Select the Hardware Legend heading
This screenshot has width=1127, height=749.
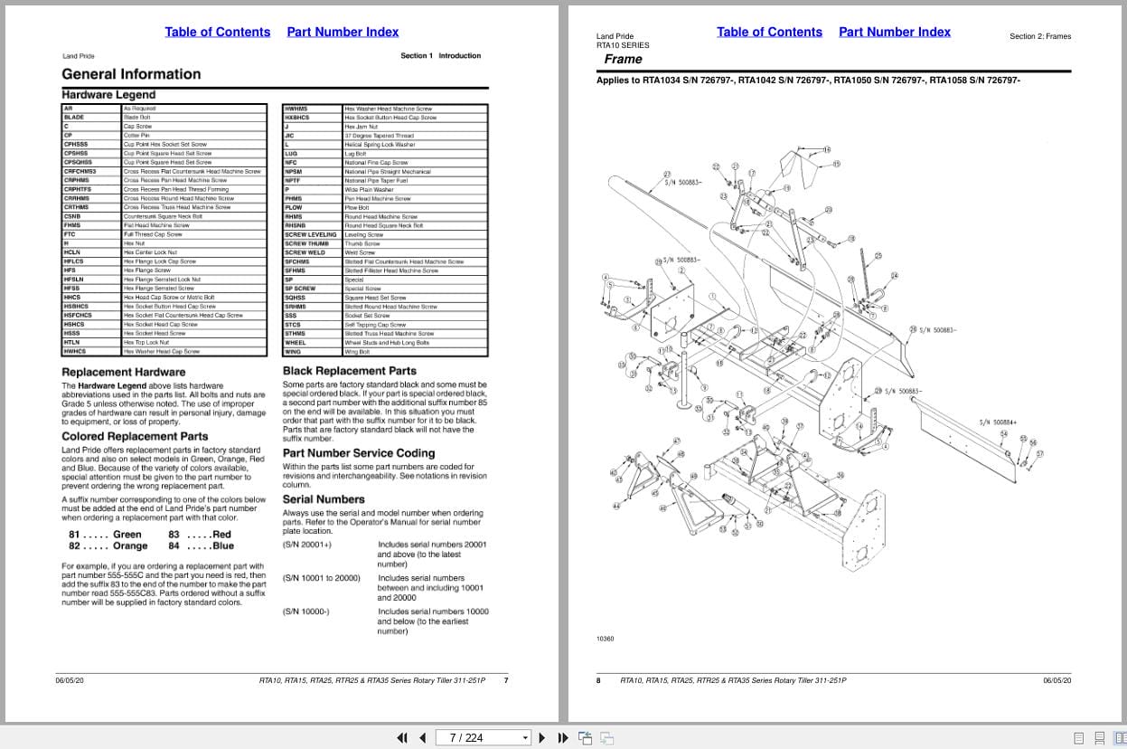(x=108, y=95)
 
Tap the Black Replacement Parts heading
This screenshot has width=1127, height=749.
(x=350, y=371)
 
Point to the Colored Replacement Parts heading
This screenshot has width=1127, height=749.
(x=135, y=436)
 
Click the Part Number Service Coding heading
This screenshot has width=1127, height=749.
(x=359, y=453)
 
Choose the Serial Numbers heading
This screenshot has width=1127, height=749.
(x=324, y=499)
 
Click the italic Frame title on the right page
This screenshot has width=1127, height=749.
(x=623, y=60)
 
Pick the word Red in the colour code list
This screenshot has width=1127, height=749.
(x=221, y=535)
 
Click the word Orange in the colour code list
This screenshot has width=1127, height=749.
(x=130, y=546)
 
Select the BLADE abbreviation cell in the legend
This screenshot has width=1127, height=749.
(x=74, y=118)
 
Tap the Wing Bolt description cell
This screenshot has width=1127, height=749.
(x=357, y=352)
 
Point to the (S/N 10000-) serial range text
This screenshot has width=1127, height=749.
(x=306, y=612)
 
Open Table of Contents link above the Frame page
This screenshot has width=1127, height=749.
(x=769, y=33)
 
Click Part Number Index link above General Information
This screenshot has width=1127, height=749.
(x=343, y=33)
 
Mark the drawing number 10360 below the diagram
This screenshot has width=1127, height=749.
(x=605, y=639)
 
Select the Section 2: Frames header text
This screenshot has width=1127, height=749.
(x=1040, y=37)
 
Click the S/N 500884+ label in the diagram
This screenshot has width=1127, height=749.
(x=998, y=422)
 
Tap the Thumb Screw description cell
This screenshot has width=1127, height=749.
(x=362, y=243)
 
